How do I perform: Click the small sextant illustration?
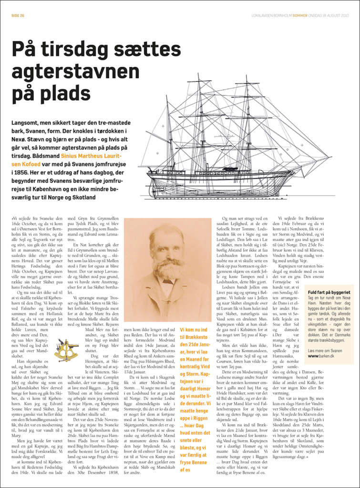[66, 349]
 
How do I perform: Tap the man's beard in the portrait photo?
[167, 269]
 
